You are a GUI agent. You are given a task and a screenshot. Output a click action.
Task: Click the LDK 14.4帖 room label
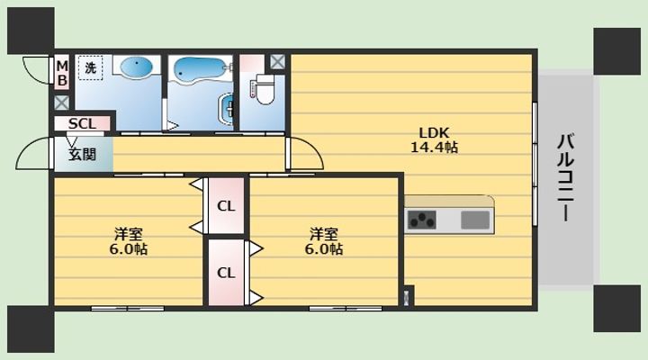pos(434,140)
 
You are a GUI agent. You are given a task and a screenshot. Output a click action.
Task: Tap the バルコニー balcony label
pos(566,177)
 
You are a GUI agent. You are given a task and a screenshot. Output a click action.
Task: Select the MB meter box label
pos(62,73)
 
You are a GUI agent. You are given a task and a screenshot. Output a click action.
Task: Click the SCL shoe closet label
pos(82,123)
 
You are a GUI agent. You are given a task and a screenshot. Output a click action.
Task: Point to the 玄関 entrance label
pos(82,154)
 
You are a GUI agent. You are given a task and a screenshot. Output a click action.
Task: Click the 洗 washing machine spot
pos(91,67)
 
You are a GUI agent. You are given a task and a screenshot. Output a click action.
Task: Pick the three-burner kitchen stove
pos(422,220)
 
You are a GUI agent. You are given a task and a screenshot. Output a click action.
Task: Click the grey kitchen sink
pos(475,220)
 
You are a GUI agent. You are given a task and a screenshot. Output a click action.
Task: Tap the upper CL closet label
pos(226,206)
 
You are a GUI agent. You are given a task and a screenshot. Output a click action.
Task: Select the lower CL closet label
pos(226,273)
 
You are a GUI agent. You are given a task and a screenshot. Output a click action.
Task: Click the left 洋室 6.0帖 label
pos(129,242)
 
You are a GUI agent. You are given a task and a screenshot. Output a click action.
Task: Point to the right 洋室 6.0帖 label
pos(324,242)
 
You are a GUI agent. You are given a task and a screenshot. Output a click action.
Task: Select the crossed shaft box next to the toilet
pos(277,62)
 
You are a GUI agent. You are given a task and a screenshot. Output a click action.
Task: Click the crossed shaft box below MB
pos(62,103)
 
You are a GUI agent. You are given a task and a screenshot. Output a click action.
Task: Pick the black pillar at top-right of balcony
pos(617,51)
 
